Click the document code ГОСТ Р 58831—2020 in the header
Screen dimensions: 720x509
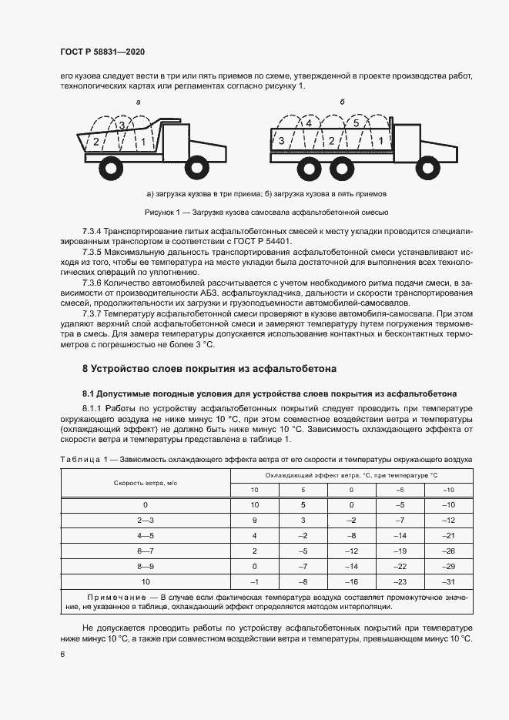pyautogui.click(x=102, y=52)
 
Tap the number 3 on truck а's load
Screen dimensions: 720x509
pyautogui.click(x=121, y=125)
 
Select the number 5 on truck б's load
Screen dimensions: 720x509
pyautogui.click(x=356, y=123)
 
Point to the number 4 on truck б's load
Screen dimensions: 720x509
pyautogui.click(x=308, y=123)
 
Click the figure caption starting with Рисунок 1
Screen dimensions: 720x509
pyautogui.click(x=265, y=212)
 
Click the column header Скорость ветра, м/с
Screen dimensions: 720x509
pyautogui.click(x=146, y=483)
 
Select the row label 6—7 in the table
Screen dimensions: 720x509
pyautogui.click(x=146, y=551)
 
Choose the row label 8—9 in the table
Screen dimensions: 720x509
pyautogui.click(x=146, y=566)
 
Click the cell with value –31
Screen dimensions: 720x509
pyautogui.click(x=449, y=581)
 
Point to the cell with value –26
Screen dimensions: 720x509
pyautogui.click(x=449, y=551)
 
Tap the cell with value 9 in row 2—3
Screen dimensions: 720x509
pyautogui.click(x=254, y=521)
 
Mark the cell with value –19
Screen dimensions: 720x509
pyautogui.click(x=400, y=551)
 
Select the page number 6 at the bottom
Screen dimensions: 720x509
pyautogui.click(x=63, y=654)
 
